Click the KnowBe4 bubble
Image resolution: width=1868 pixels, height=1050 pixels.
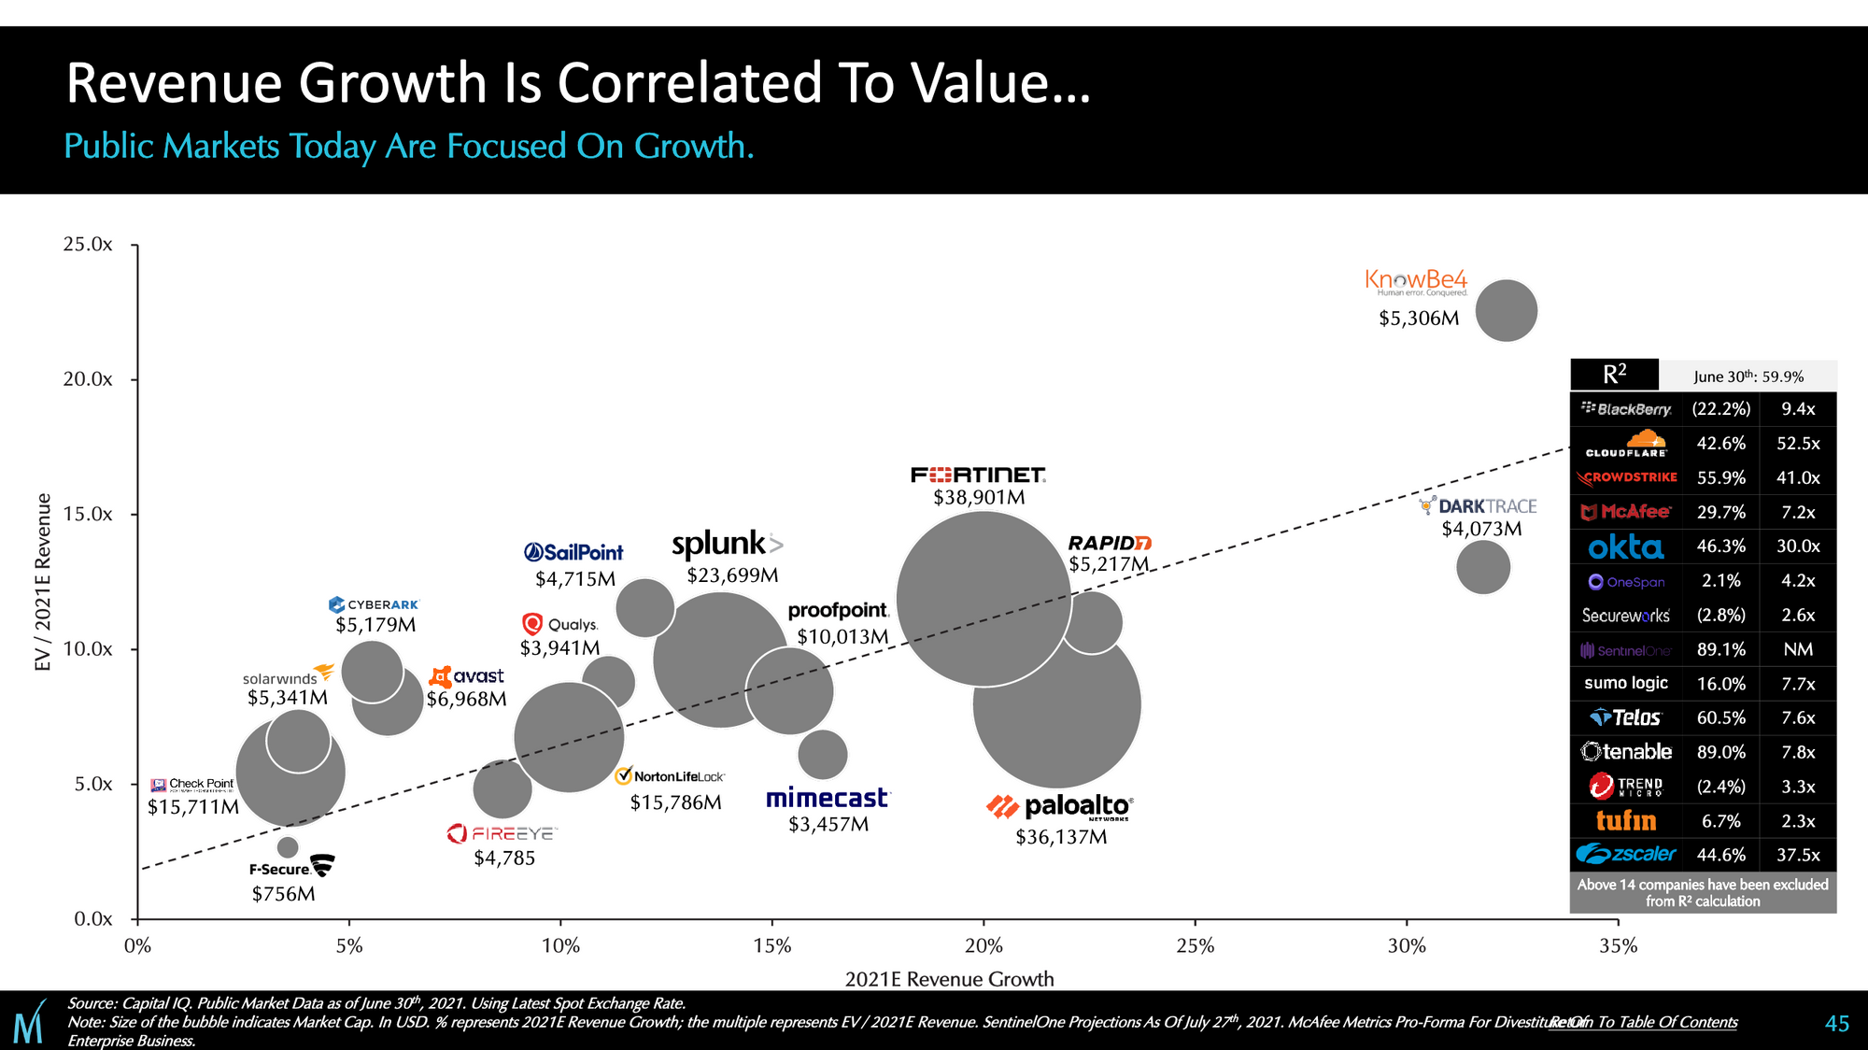click(1506, 311)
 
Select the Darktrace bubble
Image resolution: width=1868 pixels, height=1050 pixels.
click(1482, 566)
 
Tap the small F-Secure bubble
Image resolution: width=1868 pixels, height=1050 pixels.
click(288, 847)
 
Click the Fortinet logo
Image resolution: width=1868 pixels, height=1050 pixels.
click(978, 475)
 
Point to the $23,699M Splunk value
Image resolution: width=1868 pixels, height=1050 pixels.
click(732, 575)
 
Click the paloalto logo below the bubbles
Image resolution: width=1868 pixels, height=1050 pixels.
click(1061, 807)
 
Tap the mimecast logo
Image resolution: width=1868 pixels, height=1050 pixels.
click(828, 799)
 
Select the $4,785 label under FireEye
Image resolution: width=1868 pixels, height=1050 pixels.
click(504, 858)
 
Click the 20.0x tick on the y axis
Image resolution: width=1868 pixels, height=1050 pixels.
click(88, 379)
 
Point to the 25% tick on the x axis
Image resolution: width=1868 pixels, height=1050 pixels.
click(1195, 946)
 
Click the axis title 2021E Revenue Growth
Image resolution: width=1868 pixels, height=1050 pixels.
click(949, 979)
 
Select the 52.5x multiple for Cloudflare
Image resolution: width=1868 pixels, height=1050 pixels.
click(1798, 444)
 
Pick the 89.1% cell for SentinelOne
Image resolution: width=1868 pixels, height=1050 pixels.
click(1720, 649)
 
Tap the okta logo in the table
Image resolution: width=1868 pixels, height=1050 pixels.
click(1625, 546)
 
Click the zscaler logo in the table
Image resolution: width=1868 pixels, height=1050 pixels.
click(1625, 855)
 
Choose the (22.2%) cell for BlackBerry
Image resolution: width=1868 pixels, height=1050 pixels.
click(1720, 409)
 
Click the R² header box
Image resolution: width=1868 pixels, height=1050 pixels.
click(1614, 375)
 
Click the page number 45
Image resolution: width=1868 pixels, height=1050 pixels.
click(1836, 1024)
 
